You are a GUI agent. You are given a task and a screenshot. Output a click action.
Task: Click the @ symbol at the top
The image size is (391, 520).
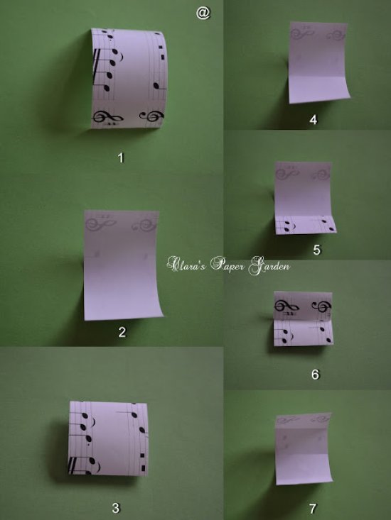click(x=203, y=13)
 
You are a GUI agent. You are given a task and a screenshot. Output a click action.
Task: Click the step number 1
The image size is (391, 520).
click(x=121, y=157)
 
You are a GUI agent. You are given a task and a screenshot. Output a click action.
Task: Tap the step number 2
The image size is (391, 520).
click(x=122, y=332)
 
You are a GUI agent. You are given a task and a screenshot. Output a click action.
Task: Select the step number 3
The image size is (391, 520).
click(x=116, y=508)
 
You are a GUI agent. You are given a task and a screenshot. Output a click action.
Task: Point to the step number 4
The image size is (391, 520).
click(x=314, y=120)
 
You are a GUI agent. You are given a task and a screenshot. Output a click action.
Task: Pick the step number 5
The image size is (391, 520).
click(x=316, y=250)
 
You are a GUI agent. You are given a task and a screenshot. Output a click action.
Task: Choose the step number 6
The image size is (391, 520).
click(x=315, y=375)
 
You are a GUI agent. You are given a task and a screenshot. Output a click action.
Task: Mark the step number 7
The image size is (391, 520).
click(x=313, y=508)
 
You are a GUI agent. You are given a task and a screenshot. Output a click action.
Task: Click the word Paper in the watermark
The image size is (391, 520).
click(x=228, y=265)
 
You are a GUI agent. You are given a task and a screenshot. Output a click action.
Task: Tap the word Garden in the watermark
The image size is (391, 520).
click(x=270, y=266)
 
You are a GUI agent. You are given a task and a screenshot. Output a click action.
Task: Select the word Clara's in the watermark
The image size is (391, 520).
click(x=187, y=265)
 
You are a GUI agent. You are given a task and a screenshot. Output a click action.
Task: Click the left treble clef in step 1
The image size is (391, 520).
click(x=107, y=117)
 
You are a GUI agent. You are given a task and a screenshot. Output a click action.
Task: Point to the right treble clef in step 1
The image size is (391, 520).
click(x=152, y=117)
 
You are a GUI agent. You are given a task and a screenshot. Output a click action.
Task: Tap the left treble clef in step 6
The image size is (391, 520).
click(x=286, y=306)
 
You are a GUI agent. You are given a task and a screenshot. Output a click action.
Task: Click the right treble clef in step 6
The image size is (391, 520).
click(x=322, y=306)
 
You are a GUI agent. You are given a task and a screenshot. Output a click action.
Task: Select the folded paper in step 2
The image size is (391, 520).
click(x=122, y=265)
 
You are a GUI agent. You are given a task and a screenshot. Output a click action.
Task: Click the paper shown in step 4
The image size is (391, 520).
click(x=319, y=62)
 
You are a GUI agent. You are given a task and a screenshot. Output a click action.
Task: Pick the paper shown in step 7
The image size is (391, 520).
click(x=304, y=448)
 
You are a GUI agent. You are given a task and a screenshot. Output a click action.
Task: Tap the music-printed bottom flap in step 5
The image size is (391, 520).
click(x=306, y=225)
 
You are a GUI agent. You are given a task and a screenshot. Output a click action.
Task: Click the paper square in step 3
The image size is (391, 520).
click(x=108, y=438)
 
